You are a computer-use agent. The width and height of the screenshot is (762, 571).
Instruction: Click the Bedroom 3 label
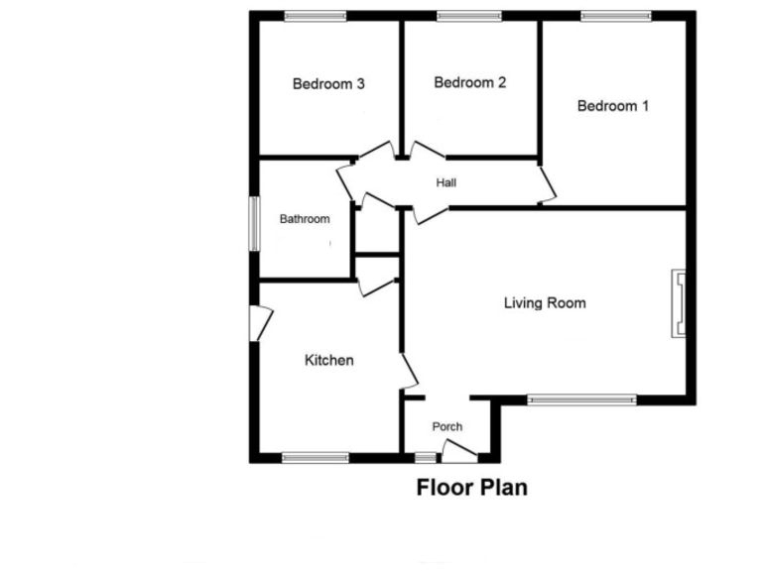click(x=328, y=84)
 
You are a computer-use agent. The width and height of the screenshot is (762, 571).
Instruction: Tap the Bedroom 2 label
click(x=470, y=82)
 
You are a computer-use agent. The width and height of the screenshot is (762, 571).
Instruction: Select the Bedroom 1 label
click(x=613, y=105)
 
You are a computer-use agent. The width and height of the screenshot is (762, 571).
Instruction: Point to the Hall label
click(x=446, y=182)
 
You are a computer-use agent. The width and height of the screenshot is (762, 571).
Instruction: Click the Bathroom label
click(x=304, y=218)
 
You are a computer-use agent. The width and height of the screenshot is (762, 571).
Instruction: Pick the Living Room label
click(x=545, y=303)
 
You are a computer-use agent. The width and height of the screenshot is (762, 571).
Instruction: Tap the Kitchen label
click(x=328, y=360)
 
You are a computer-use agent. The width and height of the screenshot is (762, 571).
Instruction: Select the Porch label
click(x=447, y=426)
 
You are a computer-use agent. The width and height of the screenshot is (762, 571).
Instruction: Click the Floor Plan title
click(x=471, y=488)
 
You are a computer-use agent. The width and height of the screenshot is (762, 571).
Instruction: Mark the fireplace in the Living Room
click(x=678, y=304)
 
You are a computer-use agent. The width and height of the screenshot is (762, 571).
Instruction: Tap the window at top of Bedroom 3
click(x=316, y=15)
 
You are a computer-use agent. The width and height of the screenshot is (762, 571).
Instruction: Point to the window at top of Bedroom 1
click(x=616, y=15)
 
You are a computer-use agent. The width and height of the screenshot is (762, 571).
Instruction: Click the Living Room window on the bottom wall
click(x=581, y=400)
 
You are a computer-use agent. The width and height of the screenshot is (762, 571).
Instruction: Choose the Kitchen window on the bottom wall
click(x=316, y=457)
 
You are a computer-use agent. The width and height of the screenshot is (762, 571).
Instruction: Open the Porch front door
click(x=458, y=452)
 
